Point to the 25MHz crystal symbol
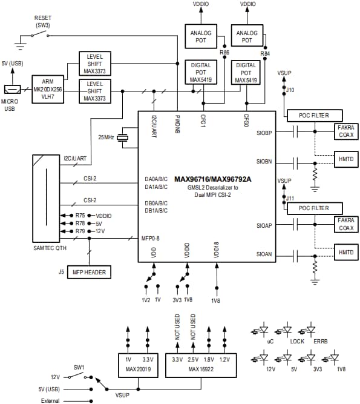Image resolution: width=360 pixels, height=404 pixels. (x=125, y=137)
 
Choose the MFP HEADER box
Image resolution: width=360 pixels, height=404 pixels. (x=89, y=273)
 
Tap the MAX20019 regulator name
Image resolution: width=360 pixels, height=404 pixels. (x=139, y=369)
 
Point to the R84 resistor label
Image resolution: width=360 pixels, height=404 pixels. (x=264, y=53)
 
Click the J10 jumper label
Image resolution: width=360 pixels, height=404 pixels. (x=290, y=90)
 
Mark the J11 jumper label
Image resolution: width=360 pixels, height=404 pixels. (x=290, y=197)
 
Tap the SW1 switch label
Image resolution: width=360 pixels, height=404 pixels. (x=78, y=367)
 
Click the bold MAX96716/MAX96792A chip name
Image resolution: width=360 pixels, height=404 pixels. (x=212, y=179)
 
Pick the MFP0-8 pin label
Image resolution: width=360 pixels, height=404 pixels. (x=150, y=237)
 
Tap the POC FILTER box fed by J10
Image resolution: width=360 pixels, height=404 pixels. (x=313, y=115)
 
